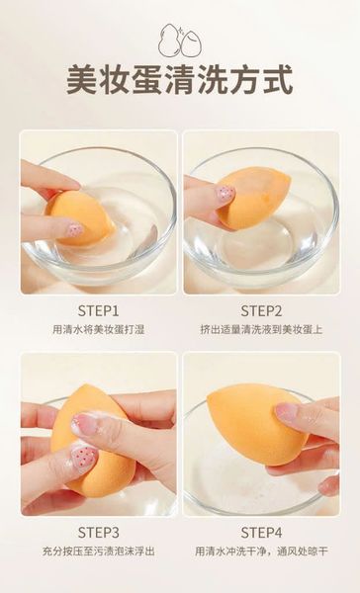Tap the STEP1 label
(98, 309)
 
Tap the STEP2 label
(261, 309)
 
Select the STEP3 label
(98, 531)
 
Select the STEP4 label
(261, 531)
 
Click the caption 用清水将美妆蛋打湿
(98, 329)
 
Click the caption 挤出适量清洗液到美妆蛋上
(261, 329)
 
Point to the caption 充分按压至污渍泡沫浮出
(98, 551)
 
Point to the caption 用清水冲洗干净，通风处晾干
(261, 551)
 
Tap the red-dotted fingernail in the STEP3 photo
(84, 458)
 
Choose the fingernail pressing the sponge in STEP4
(290, 412)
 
